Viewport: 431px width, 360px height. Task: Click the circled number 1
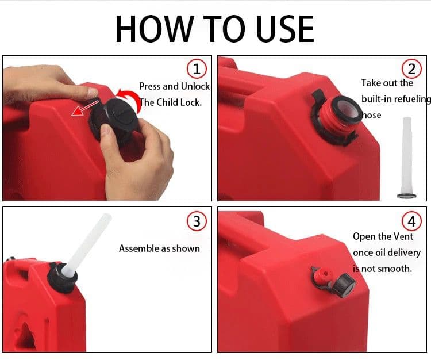pyautogui.click(x=197, y=69)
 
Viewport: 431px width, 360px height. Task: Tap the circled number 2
pyautogui.click(x=411, y=69)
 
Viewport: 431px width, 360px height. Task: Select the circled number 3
pyautogui.click(x=197, y=221)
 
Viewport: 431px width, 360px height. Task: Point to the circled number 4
pyautogui.click(x=411, y=221)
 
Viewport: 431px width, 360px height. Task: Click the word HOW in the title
pyautogui.click(x=155, y=29)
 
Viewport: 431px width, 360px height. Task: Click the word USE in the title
pyautogui.click(x=285, y=29)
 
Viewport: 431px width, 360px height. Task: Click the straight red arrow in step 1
pyautogui.click(x=84, y=108)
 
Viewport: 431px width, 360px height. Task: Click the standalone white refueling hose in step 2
pyautogui.click(x=407, y=158)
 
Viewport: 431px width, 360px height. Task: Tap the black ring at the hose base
pyautogui.click(x=406, y=196)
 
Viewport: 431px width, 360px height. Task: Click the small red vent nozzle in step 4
pyautogui.click(x=324, y=275)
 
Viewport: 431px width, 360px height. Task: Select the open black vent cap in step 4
pyautogui.click(x=344, y=286)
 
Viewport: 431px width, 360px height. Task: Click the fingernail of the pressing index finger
pyautogui.click(x=93, y=92)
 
